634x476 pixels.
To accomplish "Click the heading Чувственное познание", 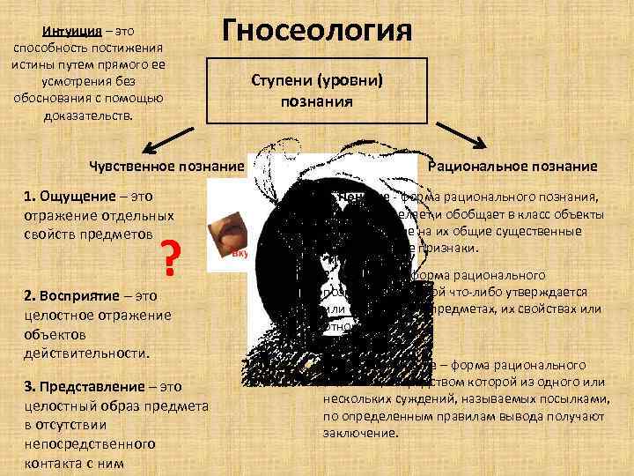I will (x=166, y=166).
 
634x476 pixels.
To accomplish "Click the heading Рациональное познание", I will (x=512, y=166).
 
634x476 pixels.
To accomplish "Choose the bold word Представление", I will (x=93, y=387).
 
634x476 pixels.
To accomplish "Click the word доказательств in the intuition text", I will (x=85, y=116).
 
